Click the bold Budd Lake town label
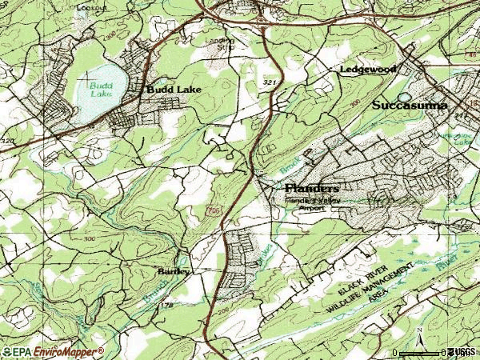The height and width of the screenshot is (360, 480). pos(174,90)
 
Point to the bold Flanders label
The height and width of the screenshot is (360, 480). pos(312,187)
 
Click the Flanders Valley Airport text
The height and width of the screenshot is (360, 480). pos(306,203)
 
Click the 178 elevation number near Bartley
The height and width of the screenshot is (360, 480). pos(167,306)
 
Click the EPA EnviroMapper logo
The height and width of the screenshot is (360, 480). pos(52,351)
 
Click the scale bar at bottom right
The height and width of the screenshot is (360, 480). pos(424,352)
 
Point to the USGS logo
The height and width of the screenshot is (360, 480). pos(462,351)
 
